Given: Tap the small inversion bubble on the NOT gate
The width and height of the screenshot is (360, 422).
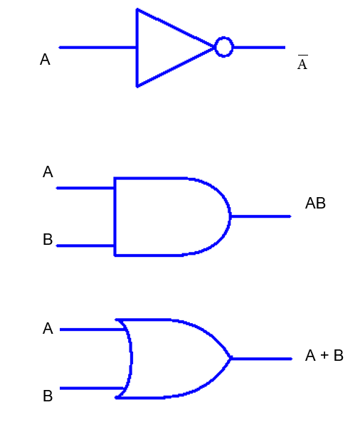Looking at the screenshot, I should click(x=223, y=48).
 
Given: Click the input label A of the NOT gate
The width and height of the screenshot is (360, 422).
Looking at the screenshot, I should click(x=45, y=60).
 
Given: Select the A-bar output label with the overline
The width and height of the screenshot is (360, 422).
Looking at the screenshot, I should click(x=302, y=64).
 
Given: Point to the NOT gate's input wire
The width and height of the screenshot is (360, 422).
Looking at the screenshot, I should click(x=97, y=48).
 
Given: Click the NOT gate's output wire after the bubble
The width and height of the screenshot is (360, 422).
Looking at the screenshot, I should click(x=259, y=48).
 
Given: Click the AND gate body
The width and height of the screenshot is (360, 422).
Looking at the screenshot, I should click(x=167, y=216).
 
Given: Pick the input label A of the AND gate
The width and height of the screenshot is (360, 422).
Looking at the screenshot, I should click(x=48, y=172).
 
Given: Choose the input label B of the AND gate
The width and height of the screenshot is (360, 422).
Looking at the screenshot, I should click(x=48, y=240).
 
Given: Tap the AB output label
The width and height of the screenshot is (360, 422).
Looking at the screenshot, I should click(x=315, y=204).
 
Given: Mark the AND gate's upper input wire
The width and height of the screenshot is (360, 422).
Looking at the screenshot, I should click(x=85, y=188).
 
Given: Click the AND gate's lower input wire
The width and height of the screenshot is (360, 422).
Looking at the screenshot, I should click(x=85, y=246).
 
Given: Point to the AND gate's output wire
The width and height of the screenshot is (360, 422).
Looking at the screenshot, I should click(x=260, y=216).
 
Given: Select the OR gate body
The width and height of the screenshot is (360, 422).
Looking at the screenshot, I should click(x=174, y=358).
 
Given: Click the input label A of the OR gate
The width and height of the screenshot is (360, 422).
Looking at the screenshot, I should click(x=48, y=329).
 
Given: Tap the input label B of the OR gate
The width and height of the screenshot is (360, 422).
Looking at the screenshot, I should click(x=48, y=396).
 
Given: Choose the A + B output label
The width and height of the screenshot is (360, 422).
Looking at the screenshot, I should click(x=324, y=356).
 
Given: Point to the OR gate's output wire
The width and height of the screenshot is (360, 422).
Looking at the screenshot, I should click(x=262, y=359).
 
